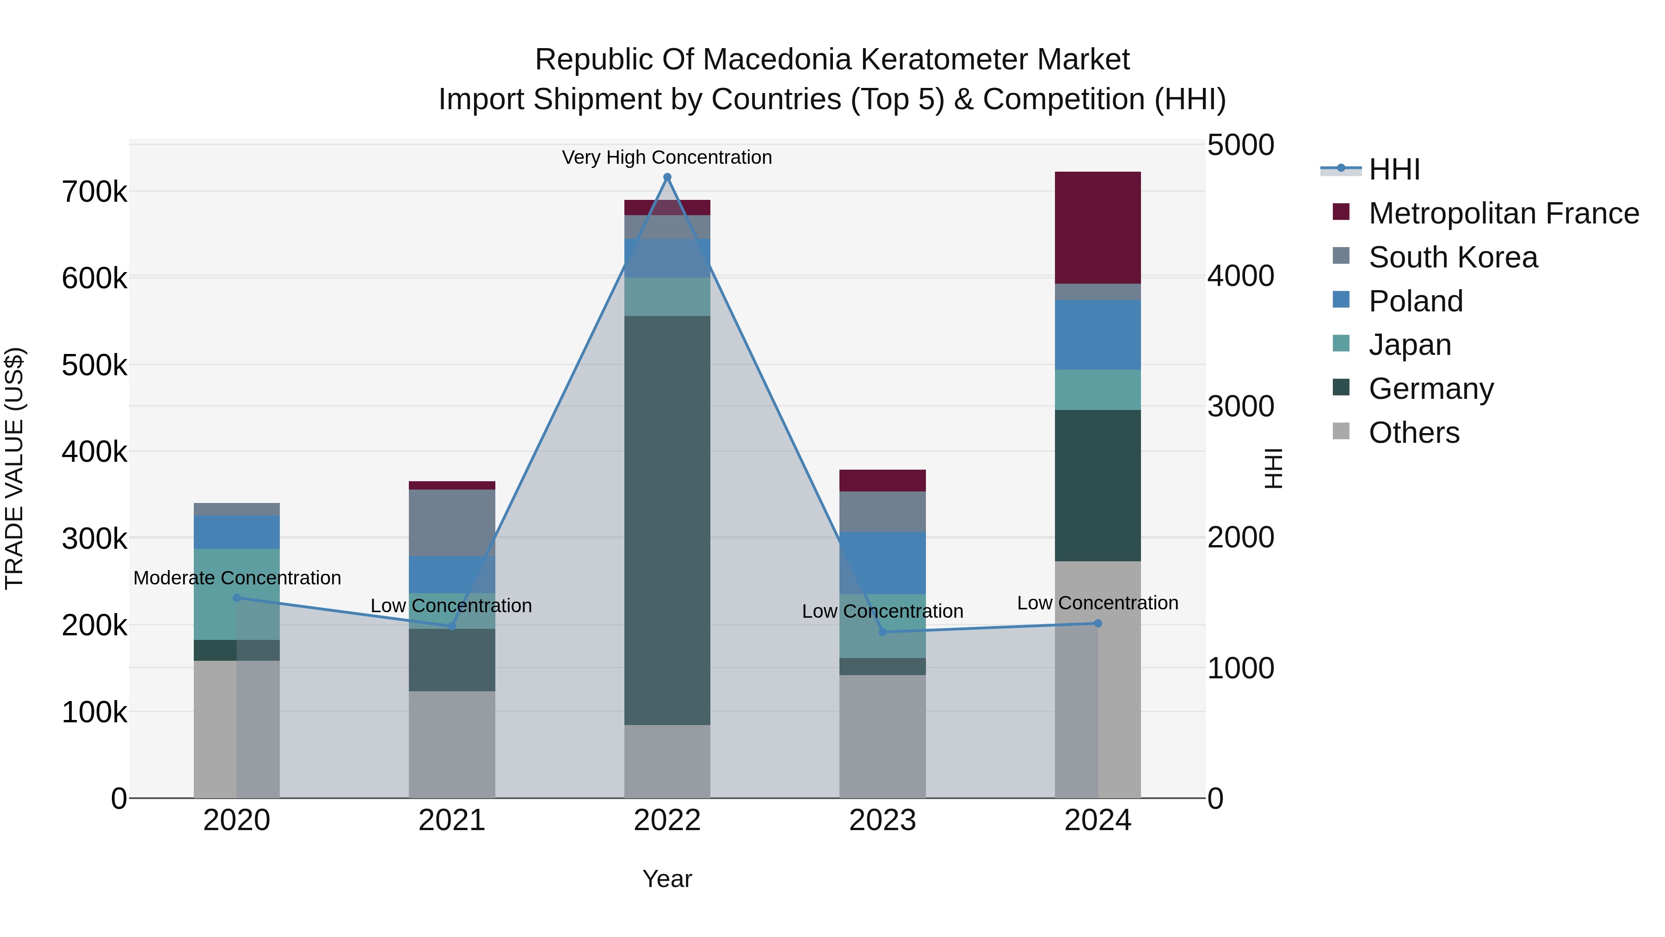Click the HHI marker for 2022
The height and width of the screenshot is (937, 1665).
tap(667, 177)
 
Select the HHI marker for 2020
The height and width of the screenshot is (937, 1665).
tap(236, 597)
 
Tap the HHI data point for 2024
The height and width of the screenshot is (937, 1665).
tap(1098, 623)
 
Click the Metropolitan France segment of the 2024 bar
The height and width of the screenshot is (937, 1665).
tap(1098, 228)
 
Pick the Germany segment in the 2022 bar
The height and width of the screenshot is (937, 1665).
tap(667, 520)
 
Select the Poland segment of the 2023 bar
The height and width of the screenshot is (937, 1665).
tap(882, 563)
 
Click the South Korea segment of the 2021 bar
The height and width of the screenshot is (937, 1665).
tap(452, 522)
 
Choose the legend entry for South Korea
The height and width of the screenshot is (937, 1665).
tap(1452, 257)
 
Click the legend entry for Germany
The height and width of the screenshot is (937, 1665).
tap(1431, 389)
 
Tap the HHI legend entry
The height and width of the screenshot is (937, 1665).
tap(1394, 169)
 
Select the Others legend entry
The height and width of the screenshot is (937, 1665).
tap(1413, 433)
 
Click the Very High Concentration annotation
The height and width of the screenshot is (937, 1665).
tap(667, 157)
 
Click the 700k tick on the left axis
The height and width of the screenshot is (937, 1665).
tap(94, 192)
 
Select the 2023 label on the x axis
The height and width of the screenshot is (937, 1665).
tap(882, 820)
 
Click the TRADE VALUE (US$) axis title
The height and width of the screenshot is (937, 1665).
tap(14, 468)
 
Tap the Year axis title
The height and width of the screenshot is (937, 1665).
tap(667, 879)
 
